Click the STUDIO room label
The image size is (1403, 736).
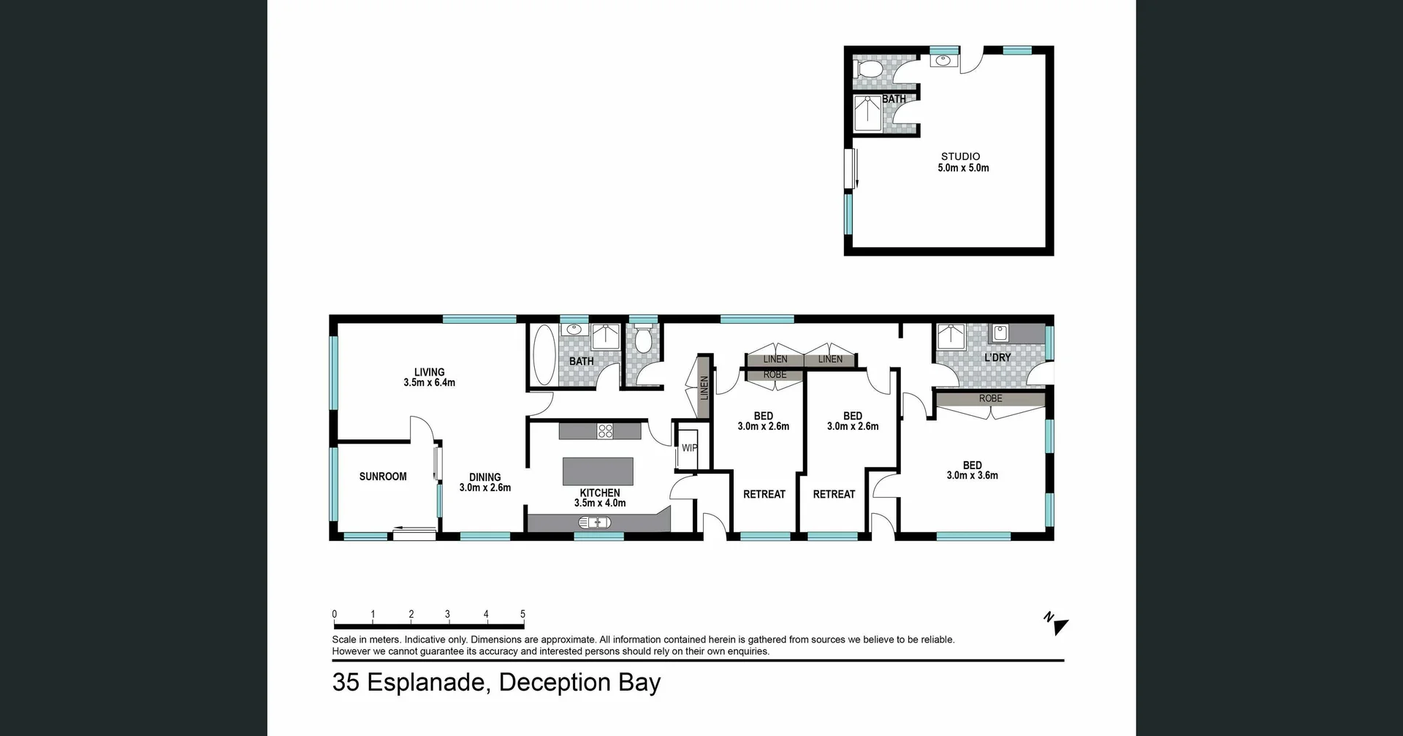(x=960, y=156)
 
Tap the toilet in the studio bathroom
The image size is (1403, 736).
(x=868, y=70)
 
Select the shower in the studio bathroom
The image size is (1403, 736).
(x=868, y=113)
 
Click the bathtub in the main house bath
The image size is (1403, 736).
(x=544, y=355)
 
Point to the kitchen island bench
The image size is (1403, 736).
(x=598, y=471)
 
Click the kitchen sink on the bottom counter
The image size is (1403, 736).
(x=594, y=522)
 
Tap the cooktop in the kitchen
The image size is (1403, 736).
(x=605, y=430)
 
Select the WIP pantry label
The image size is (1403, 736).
(x=689, y=448)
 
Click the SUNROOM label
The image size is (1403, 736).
(x=383, y=477)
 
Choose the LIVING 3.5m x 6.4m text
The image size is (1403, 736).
(x=429, y=377)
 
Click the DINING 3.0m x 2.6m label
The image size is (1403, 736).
(x=484, y=482)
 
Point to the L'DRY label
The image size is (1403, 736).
(x=997, y=357)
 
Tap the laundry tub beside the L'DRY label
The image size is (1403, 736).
(x=999, y=333)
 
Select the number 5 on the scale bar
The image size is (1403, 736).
(x=522, y=614)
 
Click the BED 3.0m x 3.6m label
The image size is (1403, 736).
(x=972, y=470)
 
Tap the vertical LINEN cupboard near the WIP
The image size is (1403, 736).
(x=704, y=387)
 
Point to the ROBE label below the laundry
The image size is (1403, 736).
(x=990, y=398)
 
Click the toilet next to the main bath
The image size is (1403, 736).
(x=643, y=340)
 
